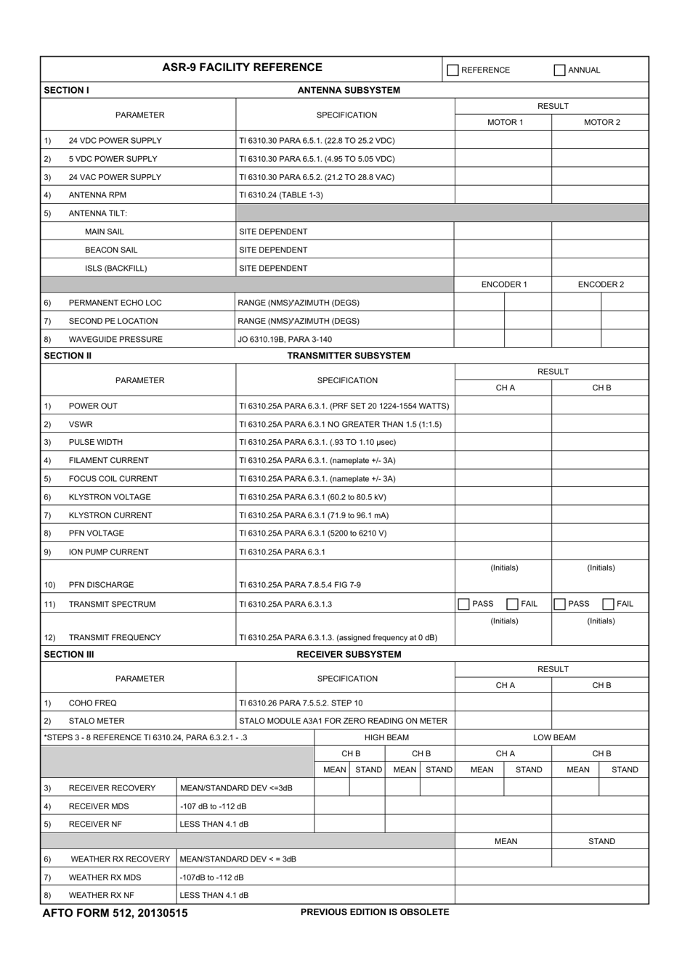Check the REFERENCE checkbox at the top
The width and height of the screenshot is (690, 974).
tap(453, 70)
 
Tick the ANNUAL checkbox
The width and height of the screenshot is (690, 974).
tap(559, 70)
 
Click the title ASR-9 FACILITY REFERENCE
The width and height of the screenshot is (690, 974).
tap(242, 67)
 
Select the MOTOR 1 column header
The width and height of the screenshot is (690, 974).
tap(505, 122)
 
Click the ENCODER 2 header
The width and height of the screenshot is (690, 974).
tap(601, 285)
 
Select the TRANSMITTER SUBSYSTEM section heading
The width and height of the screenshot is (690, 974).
tap(349, 356)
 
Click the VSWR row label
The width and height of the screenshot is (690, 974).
tap(81, 425)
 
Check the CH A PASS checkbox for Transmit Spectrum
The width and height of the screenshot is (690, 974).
tap(464, 604)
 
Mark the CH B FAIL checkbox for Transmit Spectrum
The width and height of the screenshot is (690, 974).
tap(609, 604)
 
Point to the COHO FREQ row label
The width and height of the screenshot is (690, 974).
tap(92, 703)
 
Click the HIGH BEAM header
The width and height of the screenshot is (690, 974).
tap(386, 737)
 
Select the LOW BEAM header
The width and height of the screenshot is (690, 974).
tap(554, 737)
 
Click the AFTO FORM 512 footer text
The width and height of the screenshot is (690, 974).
tap(115, 913)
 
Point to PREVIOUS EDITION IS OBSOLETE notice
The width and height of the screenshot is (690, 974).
tap(375, 912)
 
